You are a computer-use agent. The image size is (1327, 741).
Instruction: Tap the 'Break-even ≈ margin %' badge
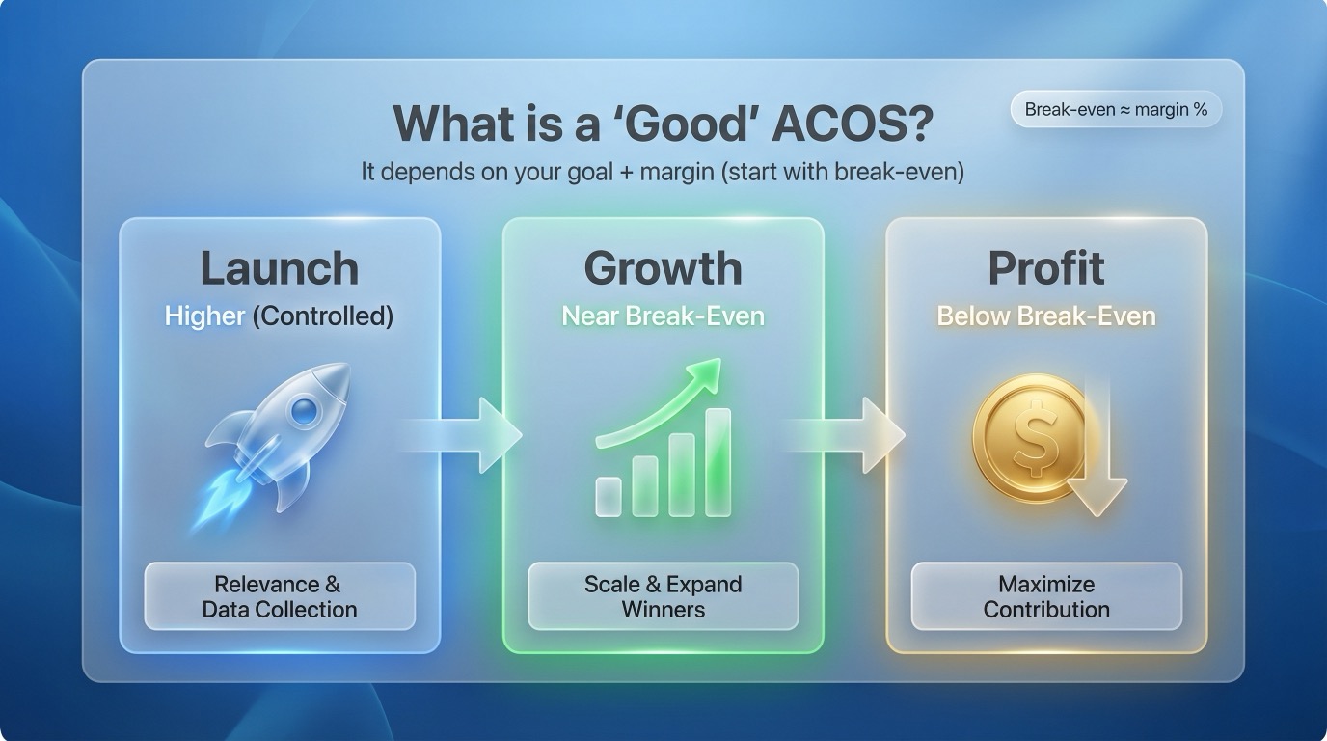pos(1116,110)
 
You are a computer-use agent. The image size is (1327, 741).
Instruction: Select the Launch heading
pos(279,268)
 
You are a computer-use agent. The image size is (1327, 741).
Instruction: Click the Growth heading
pos(663,268)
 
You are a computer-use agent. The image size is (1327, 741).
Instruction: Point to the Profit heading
pos(1046,268)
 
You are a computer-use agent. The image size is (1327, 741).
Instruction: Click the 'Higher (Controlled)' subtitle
pos(279,316)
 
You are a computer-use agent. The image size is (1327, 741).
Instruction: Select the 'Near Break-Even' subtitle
pos(663,316)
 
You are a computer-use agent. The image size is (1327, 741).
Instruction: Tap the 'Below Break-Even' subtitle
pos(1046,316)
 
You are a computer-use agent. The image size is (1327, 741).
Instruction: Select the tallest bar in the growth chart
pos(718,461)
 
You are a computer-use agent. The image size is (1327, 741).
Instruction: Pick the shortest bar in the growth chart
pos(609,496)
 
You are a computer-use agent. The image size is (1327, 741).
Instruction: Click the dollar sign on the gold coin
pos(1032,437)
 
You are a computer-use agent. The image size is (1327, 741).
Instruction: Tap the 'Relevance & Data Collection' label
pos(279,596)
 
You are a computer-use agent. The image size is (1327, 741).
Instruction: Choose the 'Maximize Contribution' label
pos(1046,596)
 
